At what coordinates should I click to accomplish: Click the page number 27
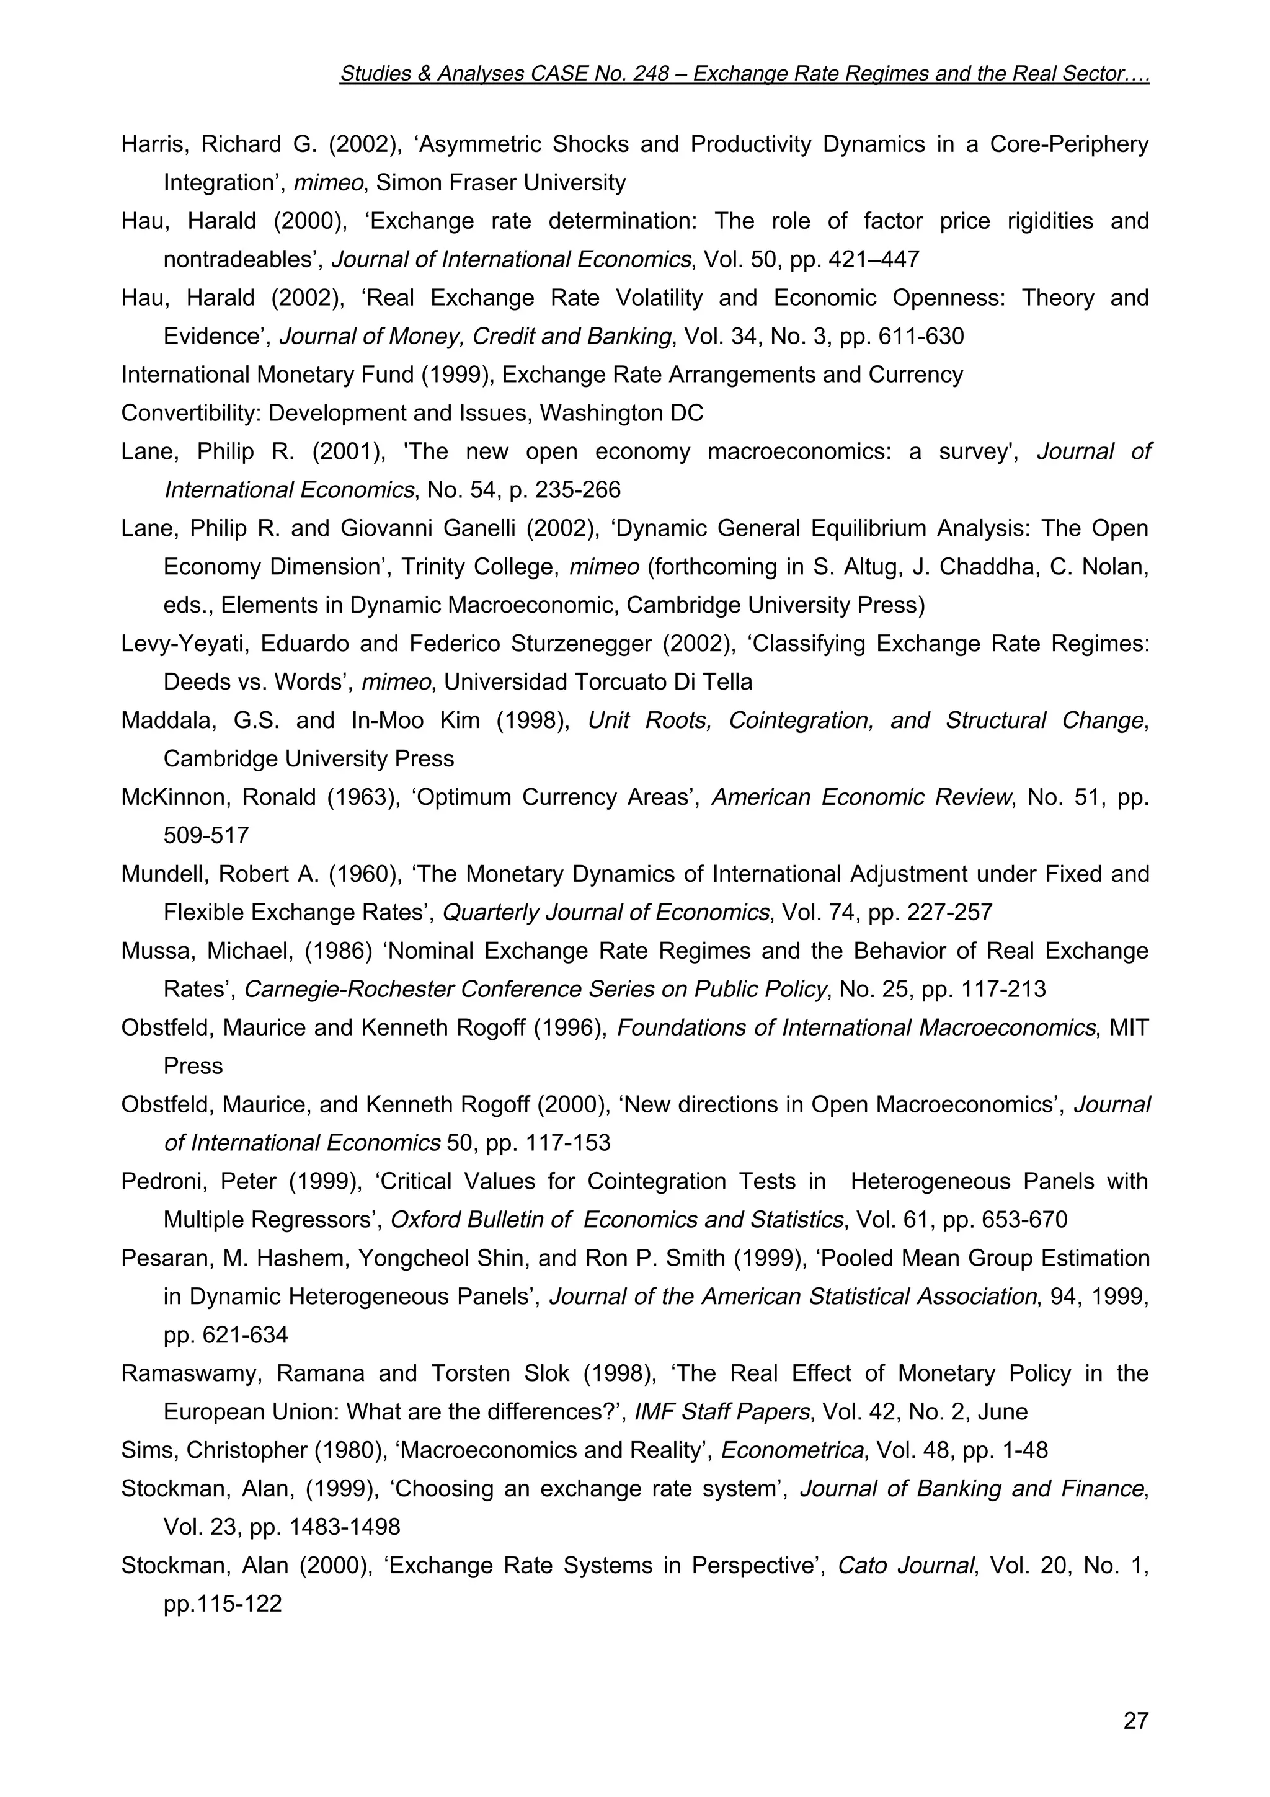coord(1135,1720)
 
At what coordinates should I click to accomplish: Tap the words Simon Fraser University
coord(501,183)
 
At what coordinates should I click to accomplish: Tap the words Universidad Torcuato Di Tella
coord(598,681)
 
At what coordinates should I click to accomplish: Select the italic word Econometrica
coord(792,1450)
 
